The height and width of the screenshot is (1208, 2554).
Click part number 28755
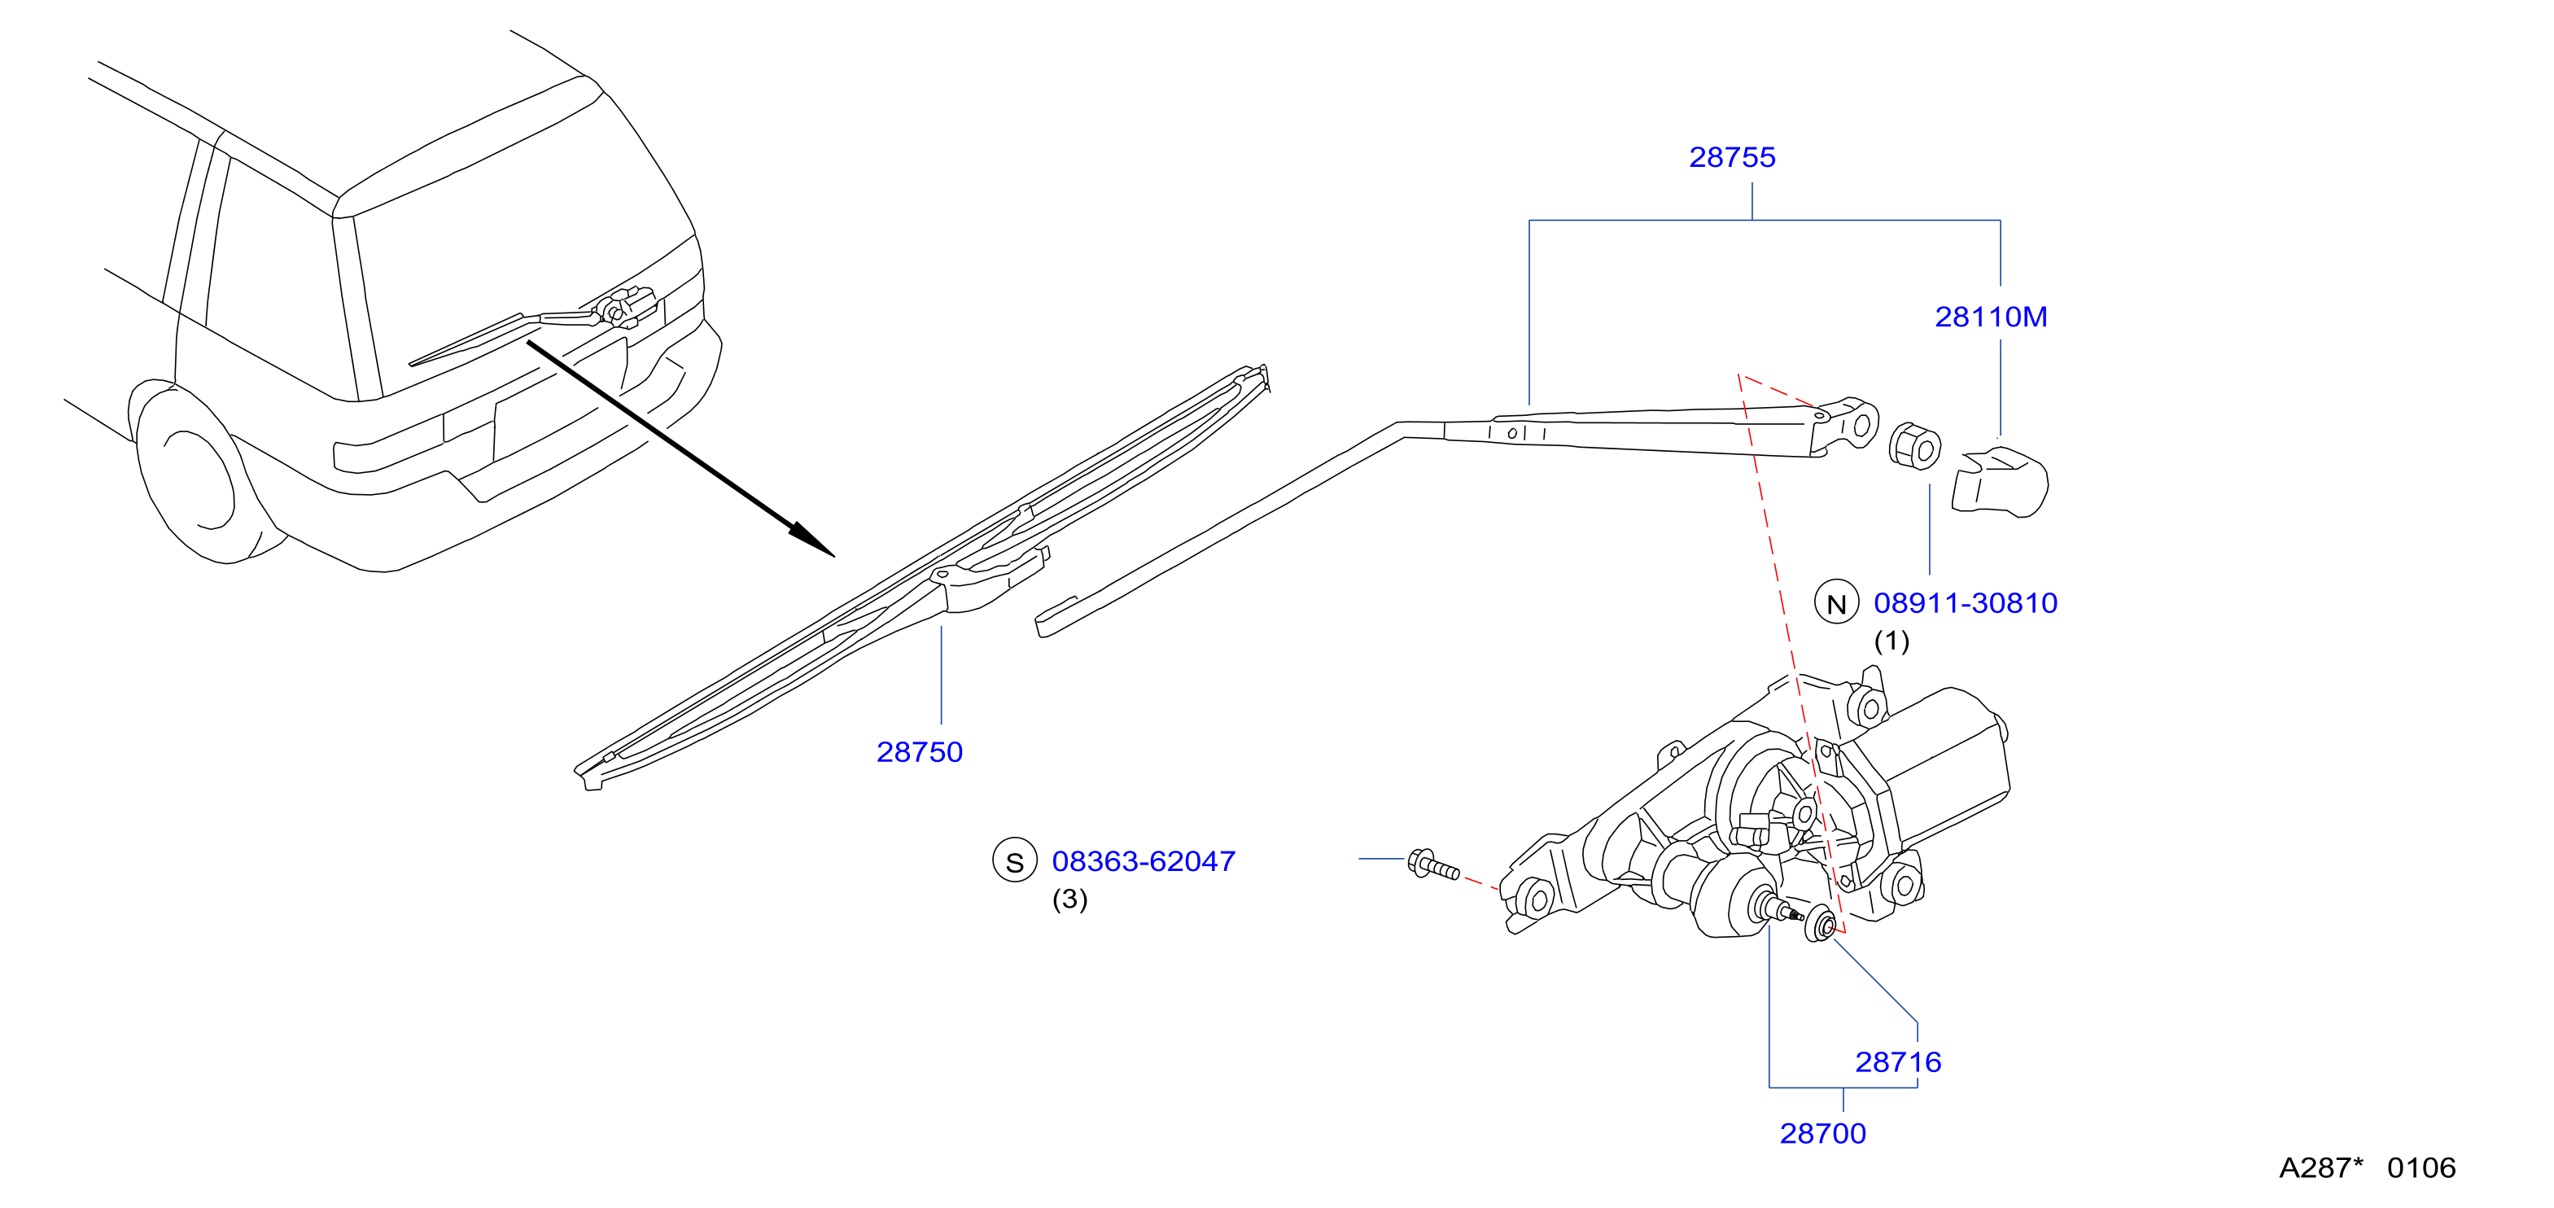coord(1732,158)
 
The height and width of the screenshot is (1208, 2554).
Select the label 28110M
coord(1991,317)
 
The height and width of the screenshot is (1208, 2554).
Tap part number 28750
coord(919,753)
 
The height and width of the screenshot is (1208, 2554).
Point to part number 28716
coord(1898,1063)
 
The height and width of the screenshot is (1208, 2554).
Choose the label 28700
coord(1822,1135)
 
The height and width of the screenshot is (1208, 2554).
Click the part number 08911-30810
coord(1965,604)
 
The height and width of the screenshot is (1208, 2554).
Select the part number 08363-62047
coord(1144,862)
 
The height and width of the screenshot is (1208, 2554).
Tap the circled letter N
coord(1836,603)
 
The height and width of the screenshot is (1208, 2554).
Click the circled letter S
coord(1014,861)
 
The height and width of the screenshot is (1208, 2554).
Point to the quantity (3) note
coord(1069,900)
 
